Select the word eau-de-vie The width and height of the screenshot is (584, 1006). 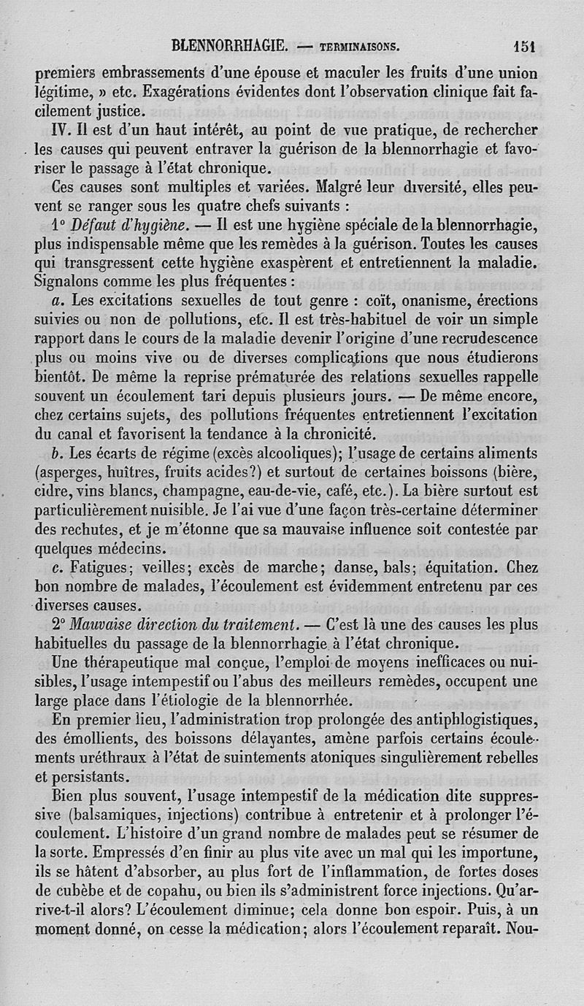(280, 491)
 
